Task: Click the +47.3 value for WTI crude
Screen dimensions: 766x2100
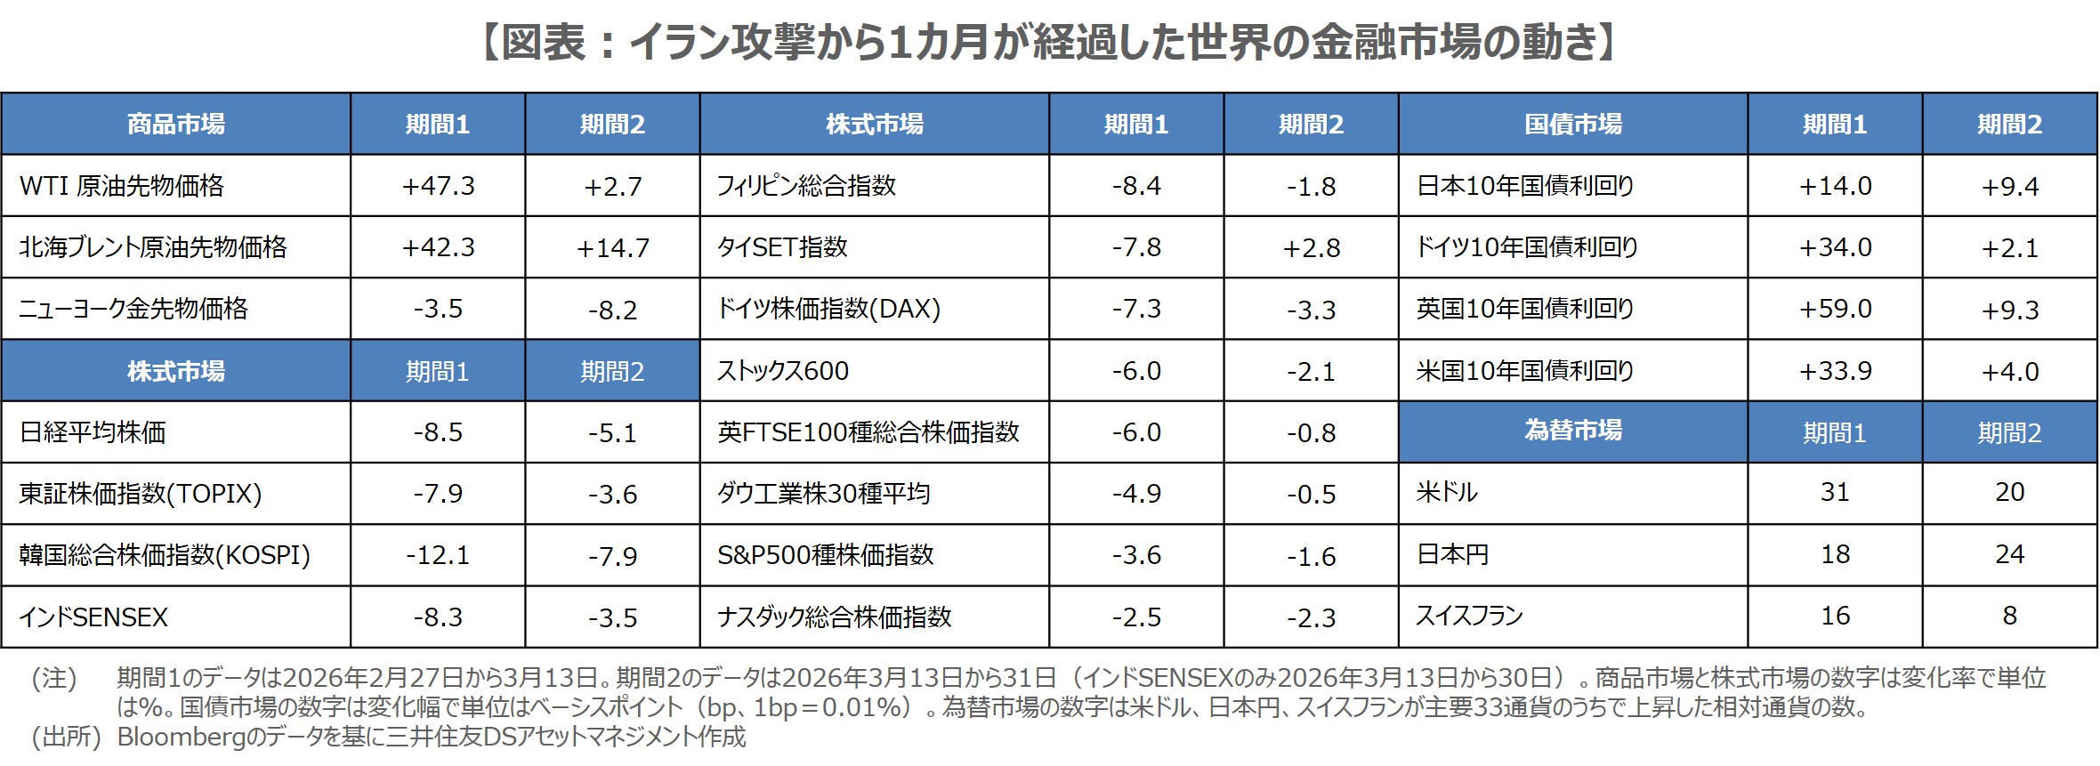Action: [x=438, y=186]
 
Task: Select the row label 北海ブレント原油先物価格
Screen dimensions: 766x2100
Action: [x=153, y=247]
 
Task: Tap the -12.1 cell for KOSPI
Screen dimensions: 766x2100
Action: [x=438, y=555]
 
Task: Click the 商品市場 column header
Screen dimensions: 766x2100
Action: [x=175, y=124]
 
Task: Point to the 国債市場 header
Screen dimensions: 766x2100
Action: [x=1572, y=124]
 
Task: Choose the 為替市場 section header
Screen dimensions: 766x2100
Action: [x=1572, y=431]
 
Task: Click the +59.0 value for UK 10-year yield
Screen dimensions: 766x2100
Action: [x=1835, y=309]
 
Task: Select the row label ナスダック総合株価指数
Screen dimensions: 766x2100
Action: [x=835, y=617]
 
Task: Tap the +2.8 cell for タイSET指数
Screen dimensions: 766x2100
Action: [x=1311, y=247]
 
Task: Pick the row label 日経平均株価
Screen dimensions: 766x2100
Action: [x=93, y=432]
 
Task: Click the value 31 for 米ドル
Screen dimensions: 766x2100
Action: [x=1835, y=492]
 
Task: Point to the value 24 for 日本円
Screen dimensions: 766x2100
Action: [x=2009, y=554]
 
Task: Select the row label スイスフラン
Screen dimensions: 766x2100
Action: [x=1469, y=616]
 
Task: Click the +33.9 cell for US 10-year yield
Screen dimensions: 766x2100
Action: [x=1835, y=371]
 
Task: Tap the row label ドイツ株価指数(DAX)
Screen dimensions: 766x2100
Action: [x=828, y=309]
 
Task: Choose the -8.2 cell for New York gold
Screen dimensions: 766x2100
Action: [x=612, y=310]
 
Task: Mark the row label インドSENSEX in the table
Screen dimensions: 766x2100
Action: [x=93, y=617]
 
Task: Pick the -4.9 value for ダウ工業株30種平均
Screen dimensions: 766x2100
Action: [x=1136, y=494]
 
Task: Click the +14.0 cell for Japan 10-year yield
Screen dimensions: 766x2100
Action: [x=1835, y=186]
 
